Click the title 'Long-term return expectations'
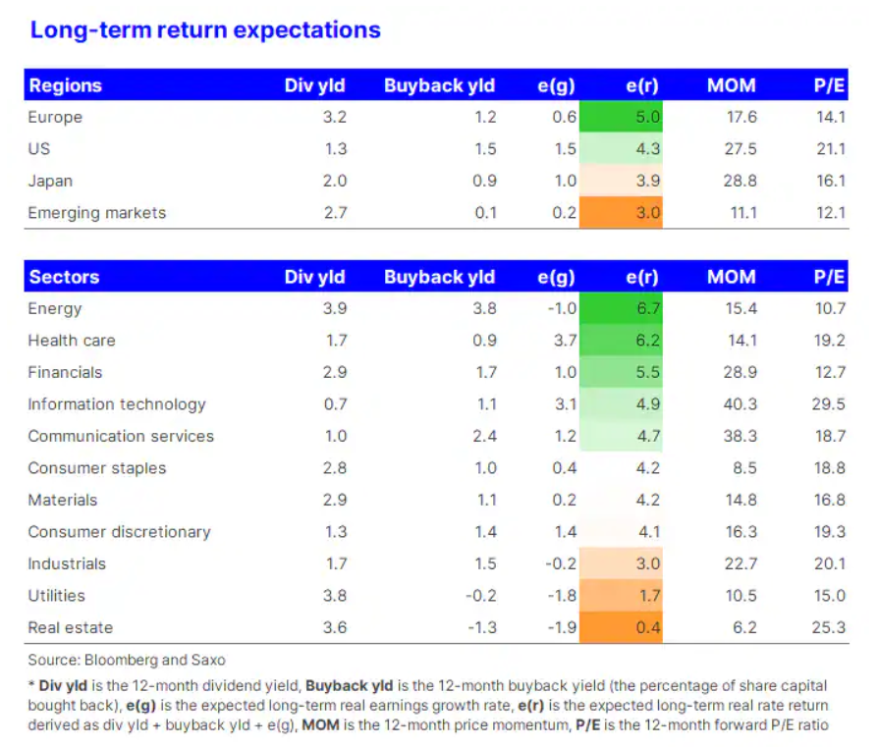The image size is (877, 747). [x=205, y=30]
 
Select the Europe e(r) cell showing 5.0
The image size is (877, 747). [x=621, y=117]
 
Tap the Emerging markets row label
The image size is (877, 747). [x=97, y=213]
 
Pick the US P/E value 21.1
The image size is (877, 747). [x=831, y=149]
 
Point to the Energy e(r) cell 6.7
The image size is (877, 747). [x=621, y=308]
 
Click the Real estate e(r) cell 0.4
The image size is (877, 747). [x=621, y=627]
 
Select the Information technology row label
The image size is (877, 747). [x=117, y=404]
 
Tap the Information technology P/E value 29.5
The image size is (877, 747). [x=828, y=404]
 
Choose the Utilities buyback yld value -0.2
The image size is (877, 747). [x=481, y=596]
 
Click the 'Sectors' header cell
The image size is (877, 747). [x=64, y=277]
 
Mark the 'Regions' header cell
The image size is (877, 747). [x=66, y=85]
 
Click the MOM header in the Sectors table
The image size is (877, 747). [x=731, y=277]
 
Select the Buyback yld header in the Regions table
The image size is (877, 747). [x=439, y=85]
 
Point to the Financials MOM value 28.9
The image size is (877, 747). [x=740, y=372]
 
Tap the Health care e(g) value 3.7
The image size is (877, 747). [x=565, y=341]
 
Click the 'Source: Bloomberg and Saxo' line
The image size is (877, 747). [x=127, y=661]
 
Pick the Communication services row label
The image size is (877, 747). [x=121, y=436]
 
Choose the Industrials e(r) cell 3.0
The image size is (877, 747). [x=621, y=563]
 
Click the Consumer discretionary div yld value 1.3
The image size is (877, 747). [x=336, y=532]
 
